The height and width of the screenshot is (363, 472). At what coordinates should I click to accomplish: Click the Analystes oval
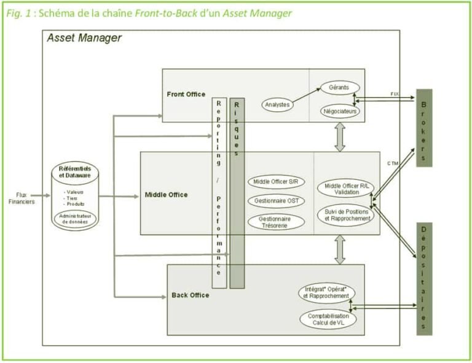point(277,104)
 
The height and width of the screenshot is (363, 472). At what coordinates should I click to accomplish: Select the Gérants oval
point(339,88)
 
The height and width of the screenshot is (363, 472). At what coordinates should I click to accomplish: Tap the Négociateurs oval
point(340,111)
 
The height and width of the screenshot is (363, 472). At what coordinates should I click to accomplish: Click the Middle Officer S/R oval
point(277,181)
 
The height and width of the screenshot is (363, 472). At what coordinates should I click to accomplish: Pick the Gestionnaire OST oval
point(277,201)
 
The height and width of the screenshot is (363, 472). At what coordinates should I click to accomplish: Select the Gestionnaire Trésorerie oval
point(277,222)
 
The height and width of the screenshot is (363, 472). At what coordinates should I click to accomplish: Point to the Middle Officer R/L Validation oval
point(345,189)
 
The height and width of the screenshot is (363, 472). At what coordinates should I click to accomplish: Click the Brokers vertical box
point(424,128)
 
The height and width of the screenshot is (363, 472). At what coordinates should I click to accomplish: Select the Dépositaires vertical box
point(424,278)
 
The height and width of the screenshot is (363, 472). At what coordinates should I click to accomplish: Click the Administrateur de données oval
point(75,219)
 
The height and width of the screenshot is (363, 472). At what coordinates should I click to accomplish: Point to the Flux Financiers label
point(26,198)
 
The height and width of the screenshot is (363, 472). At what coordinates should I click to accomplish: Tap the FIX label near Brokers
point(395,93)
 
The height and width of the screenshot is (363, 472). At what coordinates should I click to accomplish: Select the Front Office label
point(186,94)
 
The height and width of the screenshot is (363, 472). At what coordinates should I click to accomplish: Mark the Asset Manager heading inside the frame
point(84,38)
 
